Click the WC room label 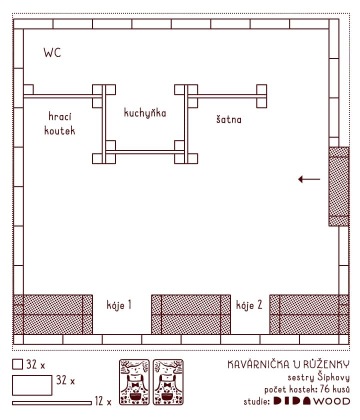pos(52,53)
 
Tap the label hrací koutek pos(60,123)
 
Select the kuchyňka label pos(145,113)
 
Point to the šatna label pos(229,119)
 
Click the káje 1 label pos(119,305)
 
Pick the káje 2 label pos(249,305)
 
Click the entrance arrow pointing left pos(309,179)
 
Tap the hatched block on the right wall pos(339,186)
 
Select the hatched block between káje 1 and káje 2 pos(191,314)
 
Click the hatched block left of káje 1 pos(53,314)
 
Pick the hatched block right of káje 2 pos(309,314)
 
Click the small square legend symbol pos(17,364)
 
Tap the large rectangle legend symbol pos(32,385)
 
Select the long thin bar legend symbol pos(52,403)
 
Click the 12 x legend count pos(103,401)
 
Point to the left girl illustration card pos(134,382)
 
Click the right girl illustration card pos(168,382)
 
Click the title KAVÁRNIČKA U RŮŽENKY pos(289,364)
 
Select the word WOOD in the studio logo pos(332,401)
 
